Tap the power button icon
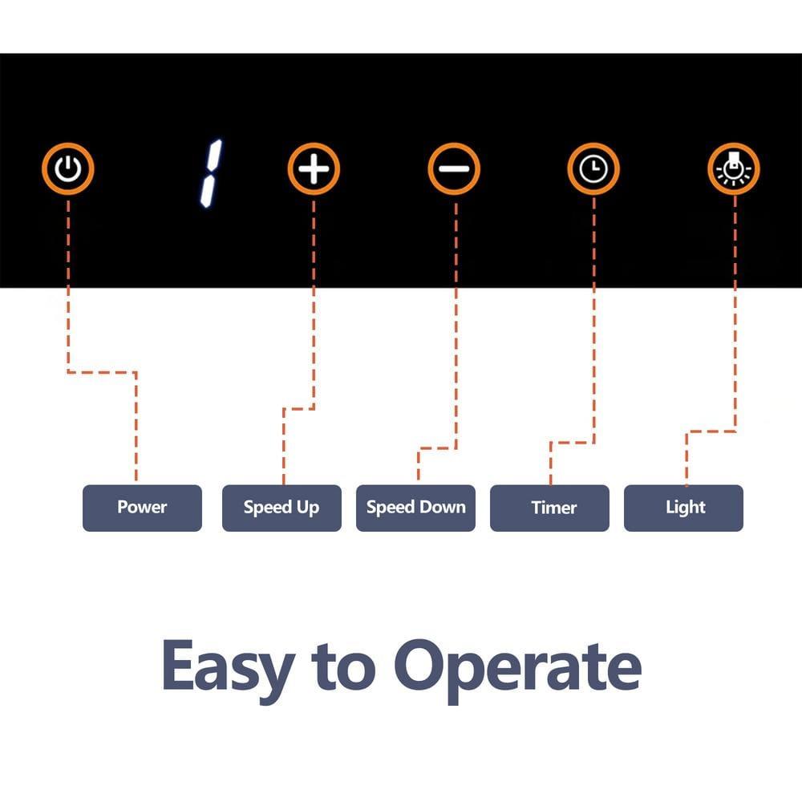[x=69, y=169]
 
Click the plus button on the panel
[x=314, y=169]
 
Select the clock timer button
[x=593, y=169]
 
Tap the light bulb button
[x=734, y=169]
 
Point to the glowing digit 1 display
[x=211, y=171]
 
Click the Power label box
[x=142, y=508]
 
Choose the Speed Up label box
[x=282, y=508]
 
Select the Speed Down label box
[x=415, y=508]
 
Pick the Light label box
[x=683, y=508]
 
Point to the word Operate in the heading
[x=517, y=666]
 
